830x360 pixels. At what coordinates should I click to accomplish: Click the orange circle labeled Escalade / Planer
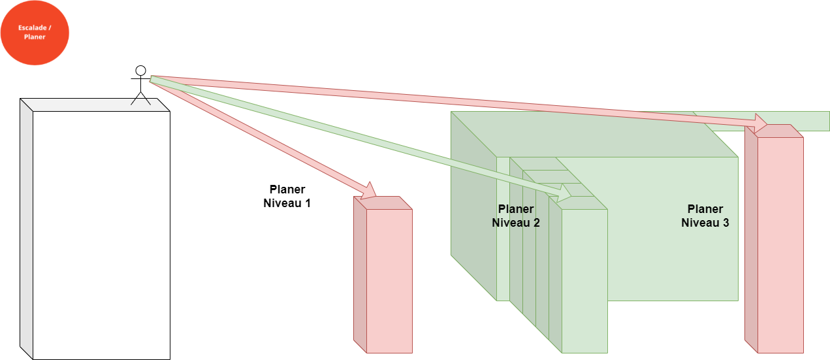tap(35, 33)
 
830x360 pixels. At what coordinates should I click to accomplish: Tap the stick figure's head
tap(140, 70)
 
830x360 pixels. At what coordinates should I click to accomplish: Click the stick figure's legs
tap(140, 97)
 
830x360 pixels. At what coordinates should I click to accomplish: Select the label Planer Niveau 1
tap(282, 196)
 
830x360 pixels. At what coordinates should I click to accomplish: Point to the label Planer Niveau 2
tap(516, 216)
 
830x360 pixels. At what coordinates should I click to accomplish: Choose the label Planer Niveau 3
tap(705, 216)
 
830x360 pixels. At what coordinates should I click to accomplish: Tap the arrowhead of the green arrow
tap(564, 195)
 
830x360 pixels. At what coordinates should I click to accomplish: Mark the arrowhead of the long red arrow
tap(761, 123)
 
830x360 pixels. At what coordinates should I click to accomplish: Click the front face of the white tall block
tap(101, 235)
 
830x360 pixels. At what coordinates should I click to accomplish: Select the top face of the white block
tap(95, 105)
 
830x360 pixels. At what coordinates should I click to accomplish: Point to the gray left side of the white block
tap(26, 229)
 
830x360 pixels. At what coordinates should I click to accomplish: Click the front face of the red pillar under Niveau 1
tap(389, 281)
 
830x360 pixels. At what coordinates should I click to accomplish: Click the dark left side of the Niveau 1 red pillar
tap(360, 274)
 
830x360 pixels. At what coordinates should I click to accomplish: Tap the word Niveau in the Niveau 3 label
tap(697, 223)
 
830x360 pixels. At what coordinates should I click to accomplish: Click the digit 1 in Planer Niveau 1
tap(307, 203)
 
